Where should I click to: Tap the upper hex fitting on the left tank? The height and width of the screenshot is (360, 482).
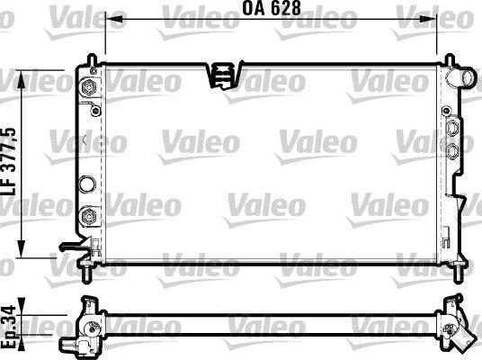click(90, 87)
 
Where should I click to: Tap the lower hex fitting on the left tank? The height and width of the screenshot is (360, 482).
click(89, 216)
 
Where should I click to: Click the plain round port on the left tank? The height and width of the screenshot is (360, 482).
click(88, 184)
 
